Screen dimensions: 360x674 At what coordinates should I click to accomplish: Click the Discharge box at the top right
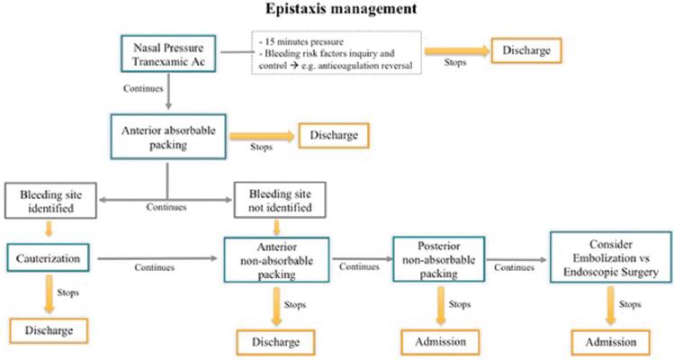[525, 49]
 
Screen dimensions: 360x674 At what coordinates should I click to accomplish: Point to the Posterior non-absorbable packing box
[438, 258]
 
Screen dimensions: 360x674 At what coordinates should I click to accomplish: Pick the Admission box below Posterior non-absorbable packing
[440, 341]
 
